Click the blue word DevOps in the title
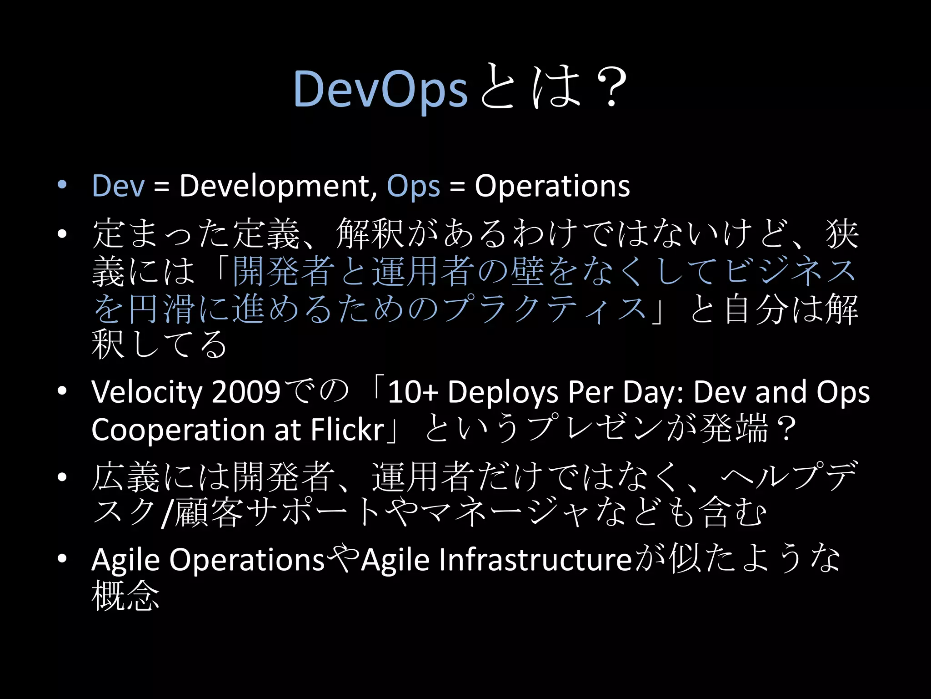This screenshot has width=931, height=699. (x=380, y=89)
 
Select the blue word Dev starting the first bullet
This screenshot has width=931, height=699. (x=118, y=186)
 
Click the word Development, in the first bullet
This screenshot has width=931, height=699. (x=278, y=187)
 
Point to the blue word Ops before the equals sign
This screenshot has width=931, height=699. (x=413, y=187)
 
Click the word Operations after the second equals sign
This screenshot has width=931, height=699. (x=552, y=186)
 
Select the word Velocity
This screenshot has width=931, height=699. (x=146, y=392)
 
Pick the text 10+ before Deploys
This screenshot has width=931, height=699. (x=412, y=392)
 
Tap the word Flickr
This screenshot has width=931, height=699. (x=347, y=430)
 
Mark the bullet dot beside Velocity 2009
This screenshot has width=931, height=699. (x=62, y=391)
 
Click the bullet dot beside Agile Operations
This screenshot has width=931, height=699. (x=62, y=558)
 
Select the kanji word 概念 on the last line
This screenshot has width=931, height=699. (x=125, y=596)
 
